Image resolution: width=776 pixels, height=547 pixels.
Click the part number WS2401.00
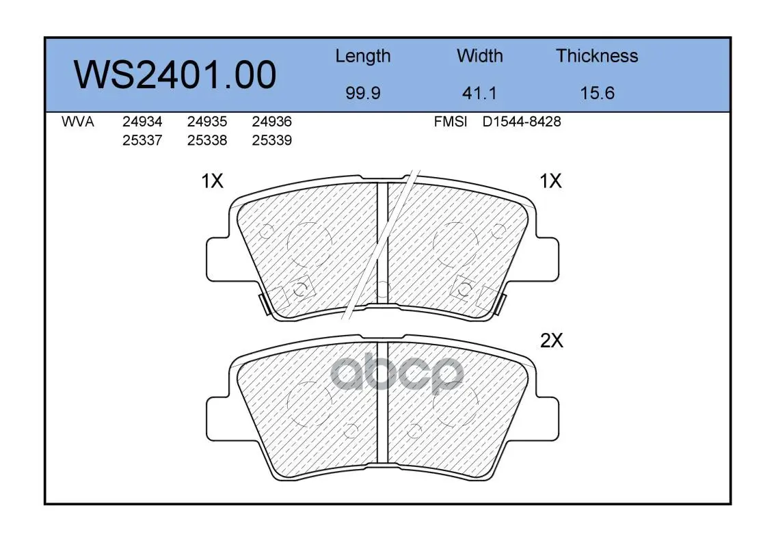tap(175, 75)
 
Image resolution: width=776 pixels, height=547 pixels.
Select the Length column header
tap(363, 57)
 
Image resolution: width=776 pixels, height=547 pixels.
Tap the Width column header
tap(479, 55)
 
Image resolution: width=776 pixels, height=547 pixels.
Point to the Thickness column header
tap(597, 55)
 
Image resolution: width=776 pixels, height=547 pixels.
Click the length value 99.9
tap(363, 93)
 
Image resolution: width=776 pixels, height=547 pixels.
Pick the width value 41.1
tap(479, 93)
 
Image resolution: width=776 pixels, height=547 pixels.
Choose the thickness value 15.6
tap(598, 93)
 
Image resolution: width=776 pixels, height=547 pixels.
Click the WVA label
tap(78, 122)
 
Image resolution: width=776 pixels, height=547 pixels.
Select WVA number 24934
tap(142, 122)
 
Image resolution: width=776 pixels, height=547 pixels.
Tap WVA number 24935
tap(207, 122)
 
